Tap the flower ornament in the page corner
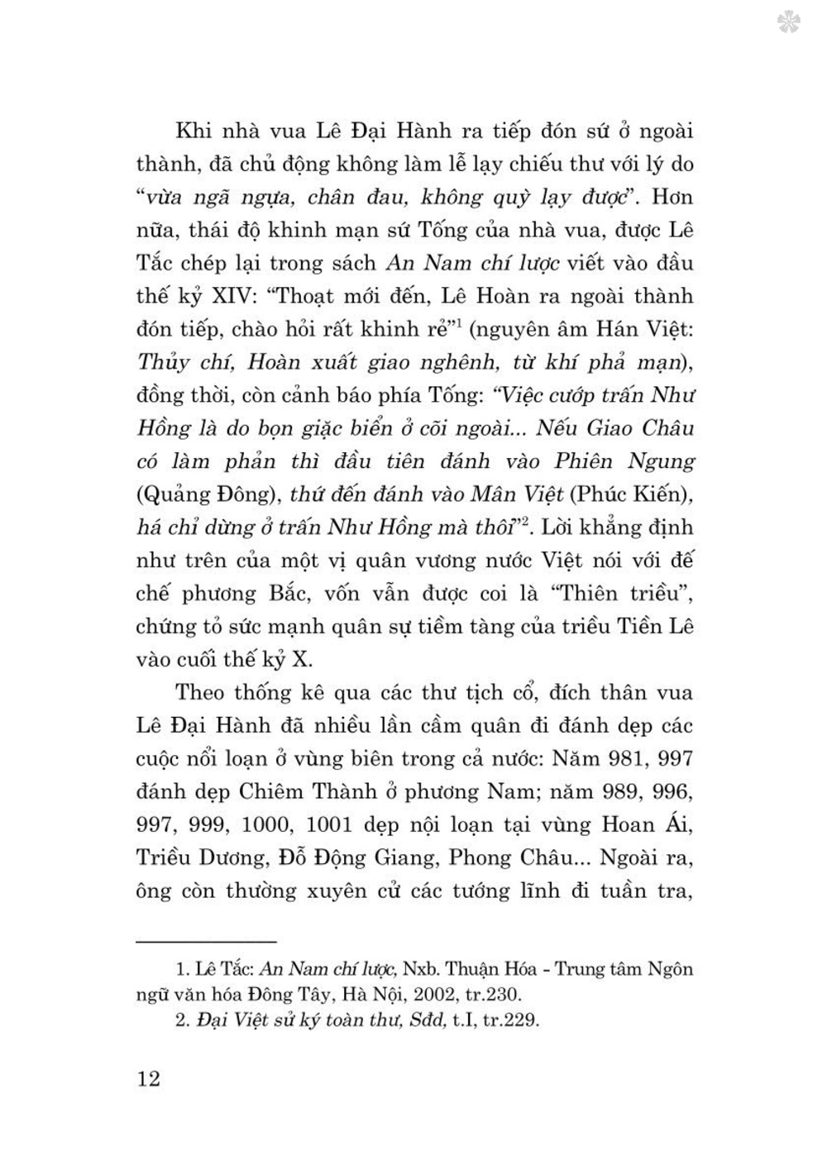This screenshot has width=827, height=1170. click(790, 22)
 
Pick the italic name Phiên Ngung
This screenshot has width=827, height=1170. click(624, 461)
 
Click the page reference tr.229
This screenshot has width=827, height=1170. click(507, 1020)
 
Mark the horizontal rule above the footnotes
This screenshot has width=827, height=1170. click(206, 942)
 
